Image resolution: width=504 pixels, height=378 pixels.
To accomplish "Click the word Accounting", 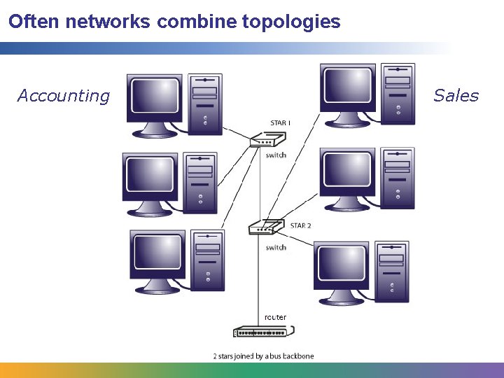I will [64, 96].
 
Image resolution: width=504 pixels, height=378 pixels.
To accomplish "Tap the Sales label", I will [456, 96].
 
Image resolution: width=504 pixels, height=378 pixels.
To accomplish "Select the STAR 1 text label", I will [280, 123].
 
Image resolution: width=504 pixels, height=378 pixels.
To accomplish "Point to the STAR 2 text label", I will [300, 225].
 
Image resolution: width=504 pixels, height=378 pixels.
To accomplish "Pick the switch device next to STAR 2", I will [265, 227].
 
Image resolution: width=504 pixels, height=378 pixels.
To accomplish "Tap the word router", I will [275, 317].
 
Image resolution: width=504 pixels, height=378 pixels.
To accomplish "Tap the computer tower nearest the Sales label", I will [398, 94].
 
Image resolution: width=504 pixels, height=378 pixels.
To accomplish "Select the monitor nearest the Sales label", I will [349, 94].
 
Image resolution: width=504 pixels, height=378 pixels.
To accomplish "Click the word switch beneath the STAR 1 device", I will [276, 155].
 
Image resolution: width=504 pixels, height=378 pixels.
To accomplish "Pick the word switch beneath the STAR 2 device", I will [276, 248].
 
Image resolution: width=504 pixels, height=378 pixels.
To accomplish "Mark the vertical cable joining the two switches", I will [260, 185].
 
